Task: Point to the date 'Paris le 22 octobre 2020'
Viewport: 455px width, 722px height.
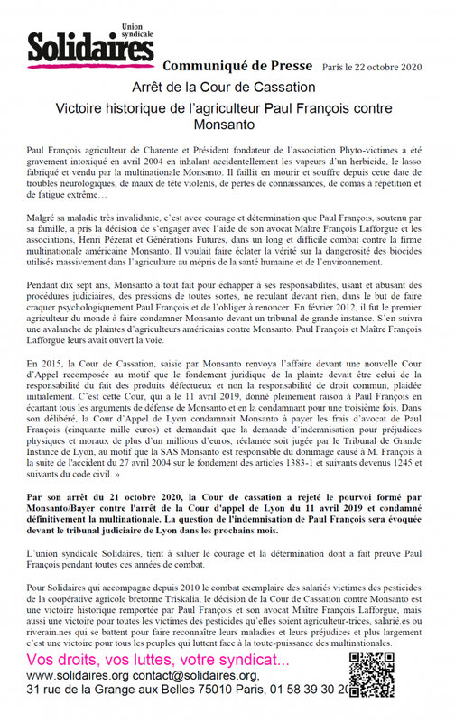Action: (x=370, y=69)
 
